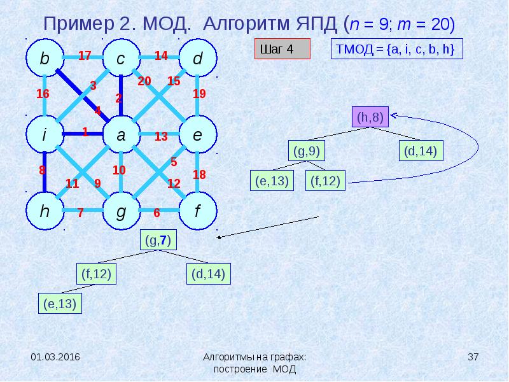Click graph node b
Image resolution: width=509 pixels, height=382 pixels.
[45, 59]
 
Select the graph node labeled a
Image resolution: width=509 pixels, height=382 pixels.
[121, 135]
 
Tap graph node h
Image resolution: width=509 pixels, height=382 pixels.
[45, 211]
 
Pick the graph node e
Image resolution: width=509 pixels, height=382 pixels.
[197, 135]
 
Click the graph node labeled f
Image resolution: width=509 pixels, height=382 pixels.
[197, 211]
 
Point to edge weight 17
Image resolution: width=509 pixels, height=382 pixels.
[85, 55]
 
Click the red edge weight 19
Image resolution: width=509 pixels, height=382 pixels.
[199, 94]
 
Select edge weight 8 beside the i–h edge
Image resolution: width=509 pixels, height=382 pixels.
[42, 170]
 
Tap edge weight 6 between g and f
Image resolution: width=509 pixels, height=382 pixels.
[157, 213]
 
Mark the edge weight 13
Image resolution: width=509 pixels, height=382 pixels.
[160, 136]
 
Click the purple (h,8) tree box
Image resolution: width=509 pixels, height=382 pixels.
[370, 118]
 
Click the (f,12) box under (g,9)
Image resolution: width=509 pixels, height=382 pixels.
[325, 181]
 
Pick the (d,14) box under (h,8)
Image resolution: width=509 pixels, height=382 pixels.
[421, 152]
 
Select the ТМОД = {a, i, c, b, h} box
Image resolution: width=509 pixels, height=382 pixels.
[396, 49]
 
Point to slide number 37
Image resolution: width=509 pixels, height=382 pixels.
[473, 357]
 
